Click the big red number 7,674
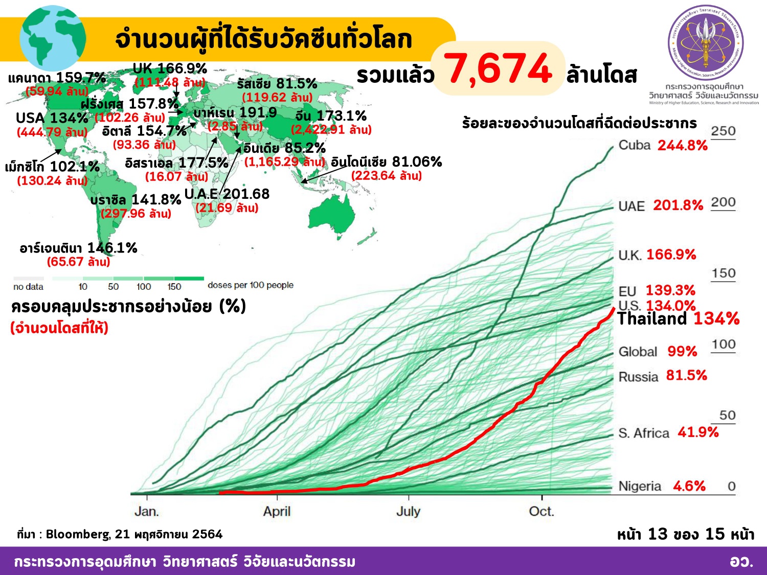click(x=498, y=70)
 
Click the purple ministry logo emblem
click(x=706, y=42)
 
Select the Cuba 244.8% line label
click(x=663, y=146)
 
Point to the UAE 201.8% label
click(x=661, y=205)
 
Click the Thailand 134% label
click(x=678, y=319)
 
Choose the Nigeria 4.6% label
click(x=662, y=486)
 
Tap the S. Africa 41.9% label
click(x=668, y=432)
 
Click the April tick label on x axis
click(x=277, y=512)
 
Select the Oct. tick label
click(x=542, y=512)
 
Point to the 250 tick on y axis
click(x=723, y=131)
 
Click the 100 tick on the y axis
click(x=723, y=344)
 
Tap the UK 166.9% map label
click(x=170, y=68)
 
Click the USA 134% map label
click(x=52, y=118)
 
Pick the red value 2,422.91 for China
click(x=331, y=130)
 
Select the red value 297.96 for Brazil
click(x=136, y=214)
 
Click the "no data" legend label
click(x=28, y=287)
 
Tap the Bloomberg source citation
click(x=120, y=535)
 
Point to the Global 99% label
click(x=658, y=352)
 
